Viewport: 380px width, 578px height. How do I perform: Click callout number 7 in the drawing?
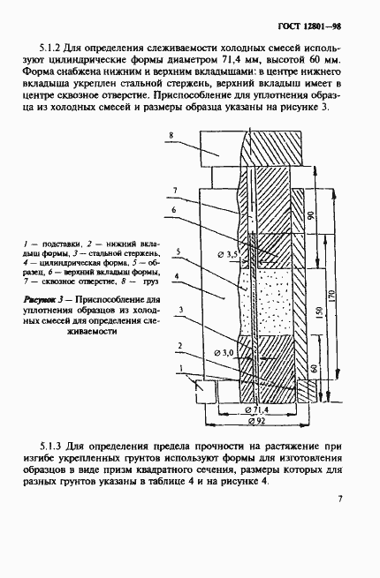pos(175,190)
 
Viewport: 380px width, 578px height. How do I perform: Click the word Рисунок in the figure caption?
pos(41,300)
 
